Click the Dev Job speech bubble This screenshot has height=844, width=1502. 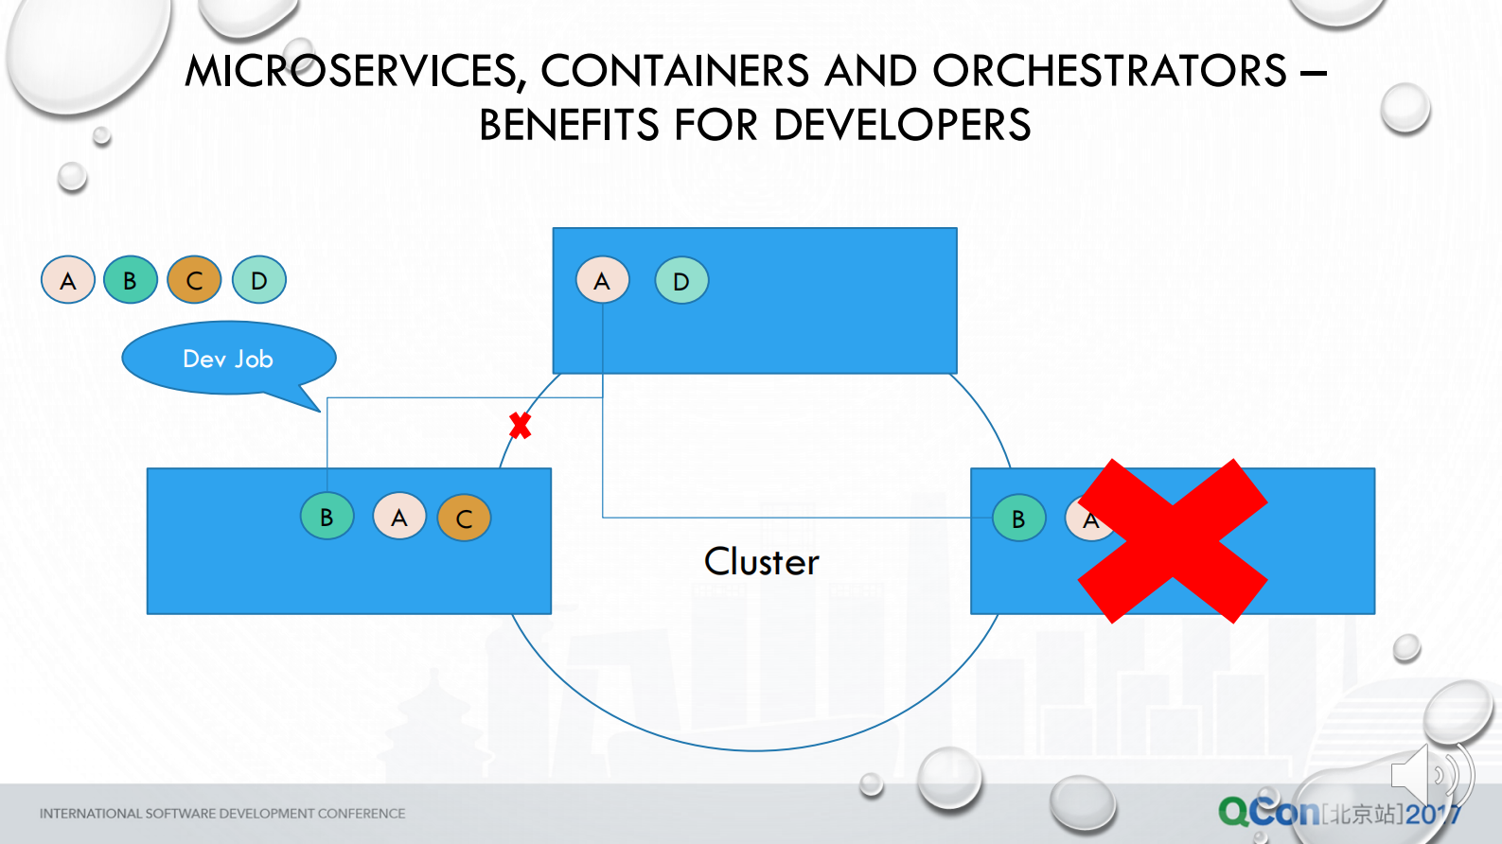click(228, 359)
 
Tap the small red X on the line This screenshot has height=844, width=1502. click(520, 426)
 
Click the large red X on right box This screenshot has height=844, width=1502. click(1173, 541)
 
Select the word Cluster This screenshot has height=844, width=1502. click(761, 562)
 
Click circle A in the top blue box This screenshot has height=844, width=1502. click(602, 280)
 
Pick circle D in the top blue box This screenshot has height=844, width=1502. click(681, 280)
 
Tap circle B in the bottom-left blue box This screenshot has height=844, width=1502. click(327, 518)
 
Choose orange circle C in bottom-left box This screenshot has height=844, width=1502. click(464, 519)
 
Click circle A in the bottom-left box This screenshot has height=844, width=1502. click(399, 518)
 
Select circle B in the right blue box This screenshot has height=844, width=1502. click(1018, 519)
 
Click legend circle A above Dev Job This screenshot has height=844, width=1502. click(68, 280)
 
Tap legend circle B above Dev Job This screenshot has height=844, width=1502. click(131, 280)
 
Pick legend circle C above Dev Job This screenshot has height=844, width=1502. click(194, 280)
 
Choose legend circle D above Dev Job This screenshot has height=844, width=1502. click(259, 280)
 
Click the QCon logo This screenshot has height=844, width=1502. click(1268, 812)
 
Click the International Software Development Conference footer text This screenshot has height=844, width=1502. click(222, 813)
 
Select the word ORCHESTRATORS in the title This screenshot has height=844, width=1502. click(1109, 71)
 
